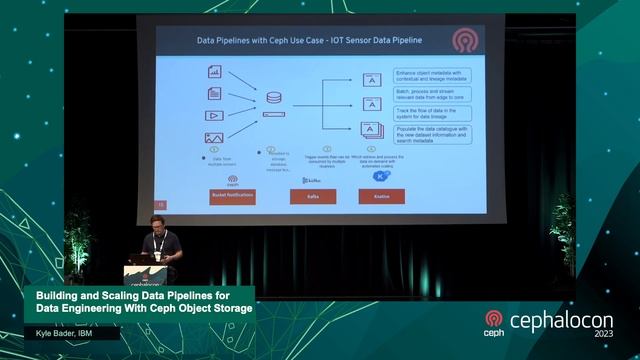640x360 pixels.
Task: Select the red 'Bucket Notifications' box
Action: click(x=233, y=197)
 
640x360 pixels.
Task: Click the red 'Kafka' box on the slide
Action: click(x=312, y=197)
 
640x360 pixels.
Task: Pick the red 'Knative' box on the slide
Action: click(x=381, y=197)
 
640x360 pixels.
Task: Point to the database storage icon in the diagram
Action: click(x=274, y=99)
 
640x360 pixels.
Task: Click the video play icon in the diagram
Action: click(x=214, y=116)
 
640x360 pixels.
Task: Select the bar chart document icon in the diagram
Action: click(x=214, y=71)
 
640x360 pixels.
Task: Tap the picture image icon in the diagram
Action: click(x=214, y=138)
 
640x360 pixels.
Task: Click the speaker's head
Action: click(x=157, y=223)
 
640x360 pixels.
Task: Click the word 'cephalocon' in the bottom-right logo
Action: click(x=561, y=321)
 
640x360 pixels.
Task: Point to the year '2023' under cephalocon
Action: click(x=603, y=334)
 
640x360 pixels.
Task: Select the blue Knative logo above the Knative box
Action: click(x=380, y=176)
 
